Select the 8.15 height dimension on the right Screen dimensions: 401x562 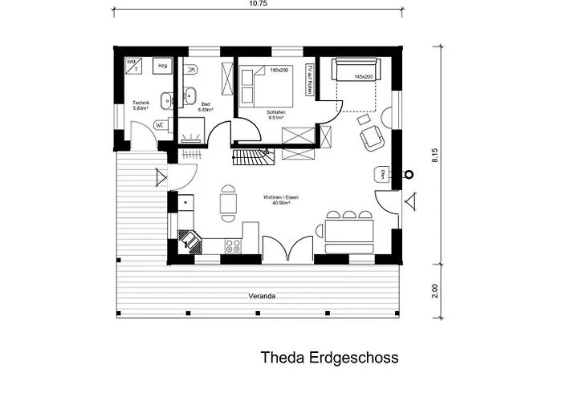click(434, 155)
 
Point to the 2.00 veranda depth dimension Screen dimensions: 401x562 click(434, 290)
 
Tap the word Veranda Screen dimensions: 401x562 click(262, 296)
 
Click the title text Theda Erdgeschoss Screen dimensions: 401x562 click(329, 357)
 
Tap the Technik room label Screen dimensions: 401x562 click(141, 104)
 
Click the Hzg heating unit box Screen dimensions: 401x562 click(162, 66)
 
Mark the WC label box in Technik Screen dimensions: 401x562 click(160, 125)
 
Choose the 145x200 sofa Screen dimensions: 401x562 click(353, 69)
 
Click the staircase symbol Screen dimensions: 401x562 click(252, 157)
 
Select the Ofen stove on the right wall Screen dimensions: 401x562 click(383, 175)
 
